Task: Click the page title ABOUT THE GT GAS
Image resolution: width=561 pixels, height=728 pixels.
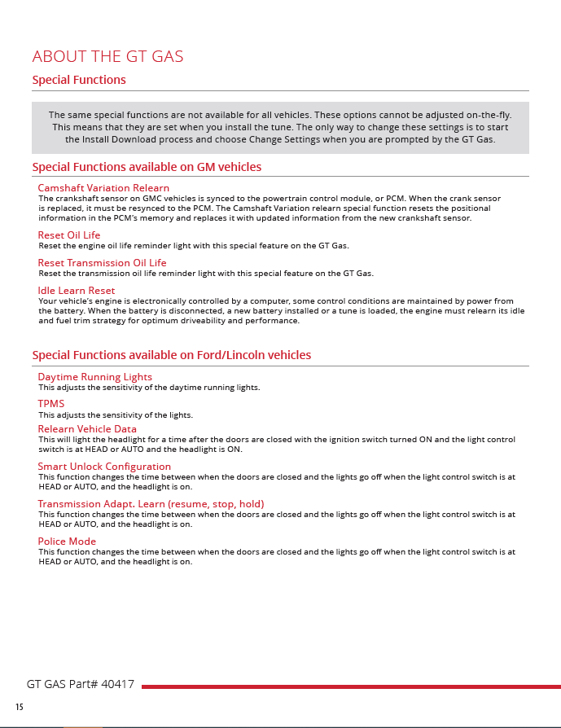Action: (107, 56)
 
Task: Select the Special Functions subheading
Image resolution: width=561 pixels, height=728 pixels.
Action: (79, 80)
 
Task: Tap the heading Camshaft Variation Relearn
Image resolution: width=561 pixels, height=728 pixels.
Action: (103, 188)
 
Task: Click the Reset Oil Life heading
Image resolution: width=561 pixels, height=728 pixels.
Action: (69, 235)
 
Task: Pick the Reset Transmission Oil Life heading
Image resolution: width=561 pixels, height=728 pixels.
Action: (102, 263)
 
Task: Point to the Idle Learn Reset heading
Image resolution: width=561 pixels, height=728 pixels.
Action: (77, 291)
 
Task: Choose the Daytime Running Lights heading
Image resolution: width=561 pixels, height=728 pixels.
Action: (94, 377)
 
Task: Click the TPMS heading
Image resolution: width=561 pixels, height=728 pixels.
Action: (51, 404)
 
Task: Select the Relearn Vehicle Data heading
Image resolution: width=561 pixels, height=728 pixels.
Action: (87, 429)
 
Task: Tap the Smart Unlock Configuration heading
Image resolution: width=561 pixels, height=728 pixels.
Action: (104, 467)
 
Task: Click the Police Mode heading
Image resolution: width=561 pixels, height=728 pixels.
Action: (67, 542)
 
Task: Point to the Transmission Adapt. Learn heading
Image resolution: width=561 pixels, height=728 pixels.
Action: (151, 504)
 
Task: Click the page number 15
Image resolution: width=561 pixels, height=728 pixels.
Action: (20, 707)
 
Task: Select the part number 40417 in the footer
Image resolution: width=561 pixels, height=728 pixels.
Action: (117, 685)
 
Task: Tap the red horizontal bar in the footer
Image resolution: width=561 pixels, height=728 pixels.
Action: (350, 686)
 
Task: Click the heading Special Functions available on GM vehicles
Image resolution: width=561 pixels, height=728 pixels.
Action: (147, 167)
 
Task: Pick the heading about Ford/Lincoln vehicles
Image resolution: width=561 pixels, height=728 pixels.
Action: (171, 355)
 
